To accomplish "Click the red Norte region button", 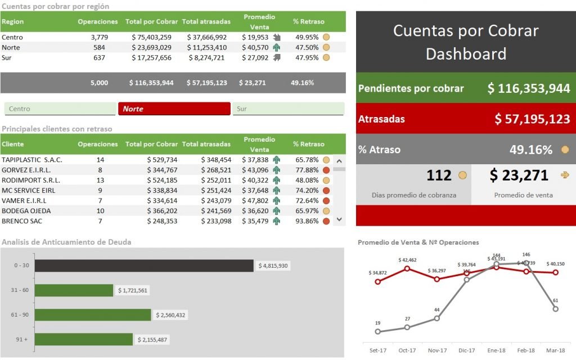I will click(174, 109).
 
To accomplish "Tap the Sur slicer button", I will click(288, 109).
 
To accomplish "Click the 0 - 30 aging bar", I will click(144, 265).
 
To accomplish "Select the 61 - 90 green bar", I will click(93, 315).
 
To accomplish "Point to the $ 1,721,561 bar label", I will click(133, 290).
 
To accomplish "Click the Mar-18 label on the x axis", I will click(555, 350).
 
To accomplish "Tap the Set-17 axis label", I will click(377, 350).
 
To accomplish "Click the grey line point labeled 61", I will click(555, 309).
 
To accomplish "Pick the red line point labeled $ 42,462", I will click(407, 269).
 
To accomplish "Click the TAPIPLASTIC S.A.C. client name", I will click(32, 160).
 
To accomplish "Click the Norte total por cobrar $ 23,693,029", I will click(151, 47).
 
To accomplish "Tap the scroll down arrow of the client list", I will click(339, 219).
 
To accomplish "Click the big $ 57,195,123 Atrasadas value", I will click(532, 119).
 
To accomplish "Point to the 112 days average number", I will click(439, 175).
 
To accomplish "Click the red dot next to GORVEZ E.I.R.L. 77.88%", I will click(326, 170).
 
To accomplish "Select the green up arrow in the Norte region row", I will click(276, 47).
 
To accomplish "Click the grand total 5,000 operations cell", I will click(99, 83).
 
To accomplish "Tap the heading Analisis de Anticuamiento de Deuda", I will click(66, 242).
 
